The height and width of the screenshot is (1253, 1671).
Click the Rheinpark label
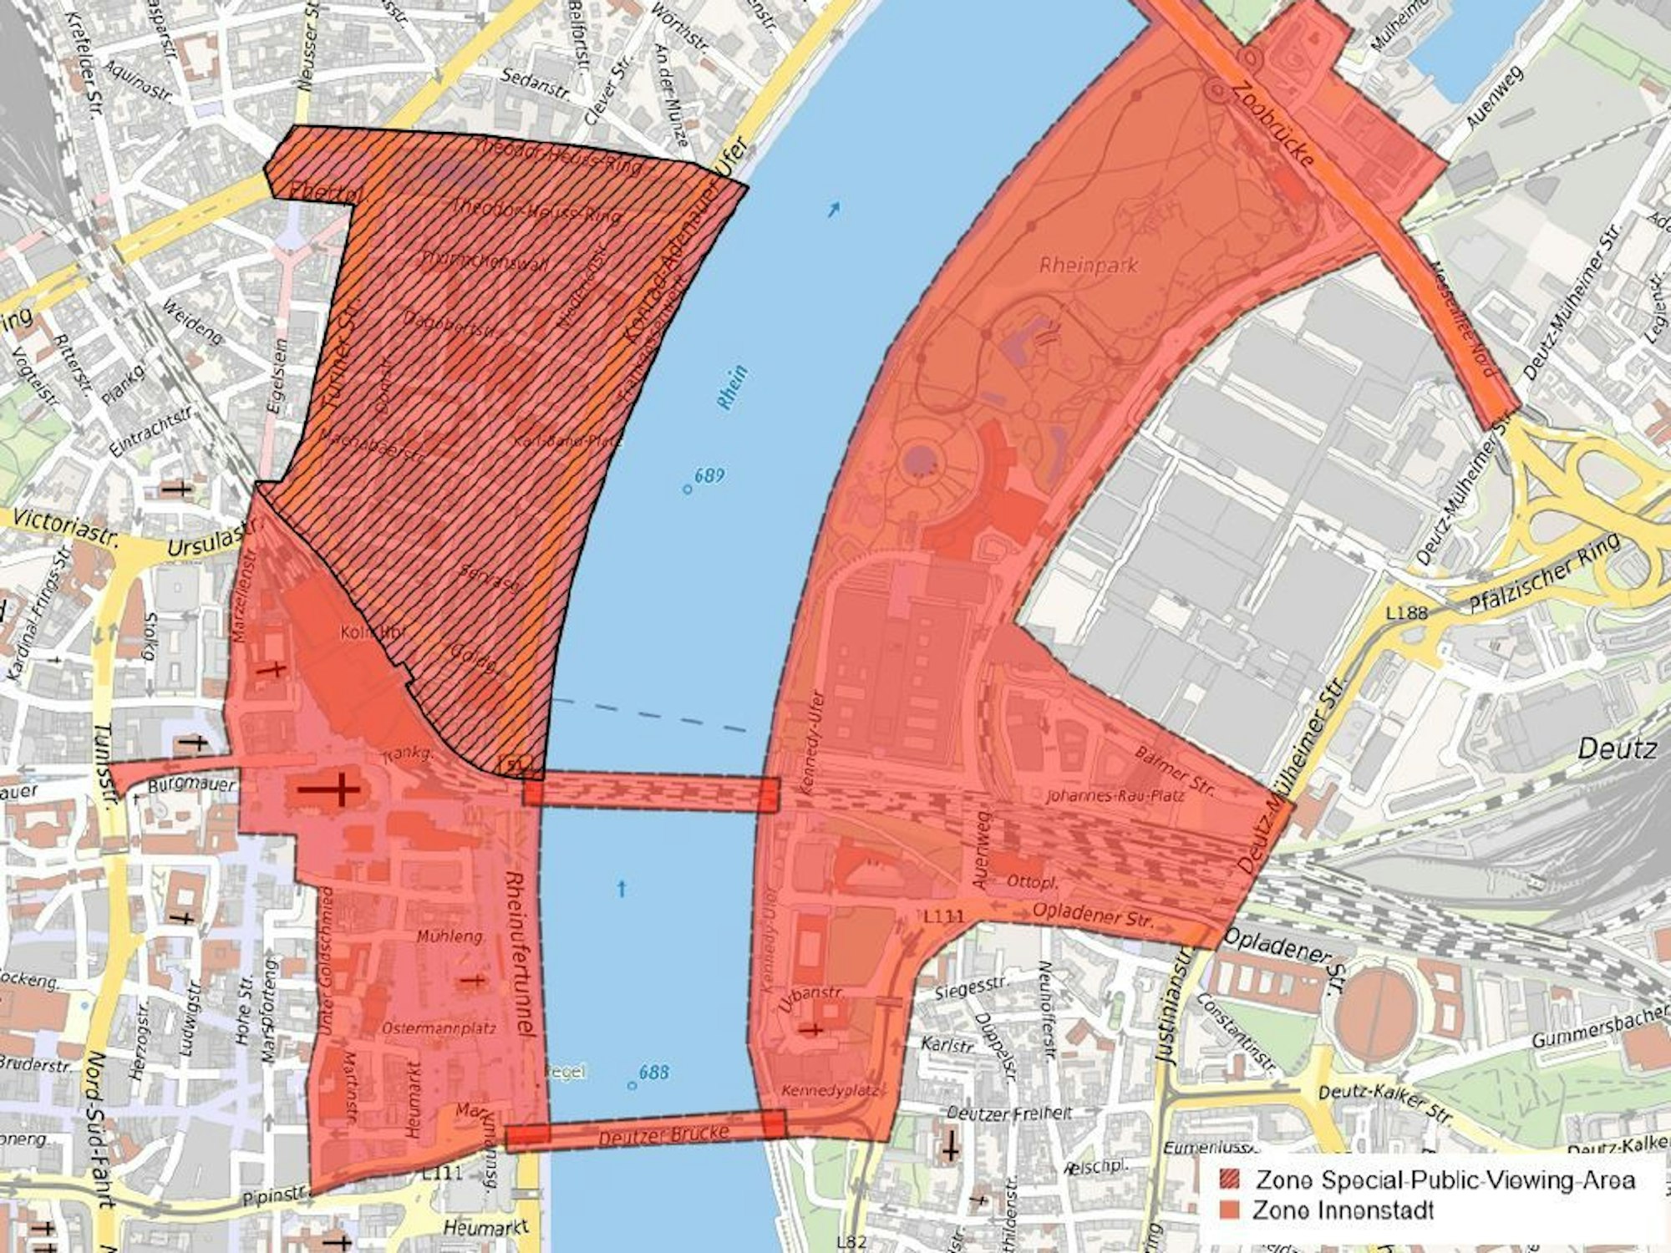[x=1089, y=266]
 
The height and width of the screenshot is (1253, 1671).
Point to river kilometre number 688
[x=653, y=1072]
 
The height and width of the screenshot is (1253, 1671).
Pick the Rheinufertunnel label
[x=520, y=954]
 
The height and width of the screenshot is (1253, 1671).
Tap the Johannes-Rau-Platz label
[x=1115, y=795]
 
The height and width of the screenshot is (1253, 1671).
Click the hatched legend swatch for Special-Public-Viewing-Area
[x=1232, y=1179]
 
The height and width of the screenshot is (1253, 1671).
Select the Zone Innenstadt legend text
[x=1343, y=1210]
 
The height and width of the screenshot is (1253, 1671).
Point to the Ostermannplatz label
[x=439, y=1028]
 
